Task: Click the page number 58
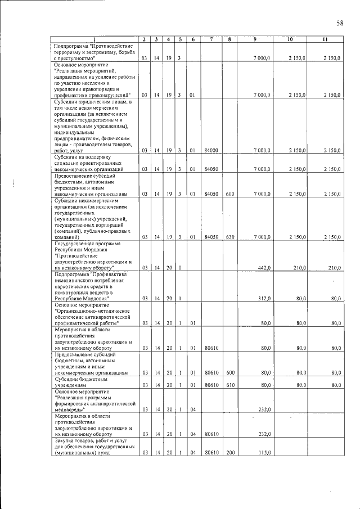click(x=340, y=23)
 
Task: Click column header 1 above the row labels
click(x=94, y=39)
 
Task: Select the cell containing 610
click(x=229, y=385)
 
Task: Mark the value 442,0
click(x=264, y=268)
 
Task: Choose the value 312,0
click(x=264, y=298)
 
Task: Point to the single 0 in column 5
click(x=179, y=268)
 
